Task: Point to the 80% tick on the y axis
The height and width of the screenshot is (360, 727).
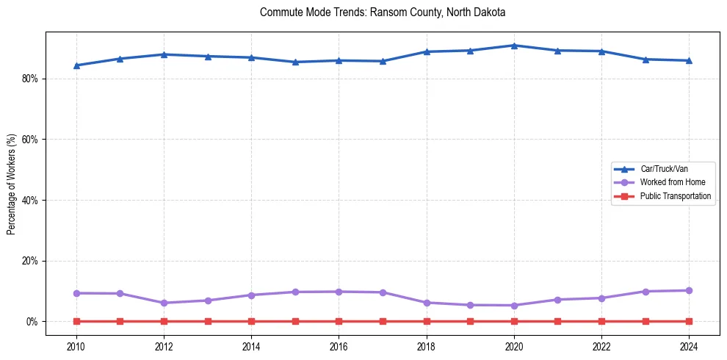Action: click(29, 79)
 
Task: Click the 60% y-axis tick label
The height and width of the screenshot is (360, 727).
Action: click(29, 140)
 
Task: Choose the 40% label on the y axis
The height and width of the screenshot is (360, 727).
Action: click(29, 200)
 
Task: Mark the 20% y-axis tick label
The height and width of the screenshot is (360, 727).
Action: click(29, 261)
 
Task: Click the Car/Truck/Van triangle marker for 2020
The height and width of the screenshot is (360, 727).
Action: click(514, 46)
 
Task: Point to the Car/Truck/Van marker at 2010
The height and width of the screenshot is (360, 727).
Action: click(76, 65)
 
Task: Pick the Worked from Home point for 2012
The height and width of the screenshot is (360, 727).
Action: click(164, 303)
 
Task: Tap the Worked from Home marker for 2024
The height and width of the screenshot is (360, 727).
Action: click(689, 290)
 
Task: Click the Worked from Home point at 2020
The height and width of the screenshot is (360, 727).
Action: click(514, 306)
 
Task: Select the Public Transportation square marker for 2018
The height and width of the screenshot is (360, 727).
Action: click(427, 321)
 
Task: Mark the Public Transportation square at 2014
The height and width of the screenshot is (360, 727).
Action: click(251, 321)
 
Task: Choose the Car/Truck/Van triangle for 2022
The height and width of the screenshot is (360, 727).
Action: click(601, 51)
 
